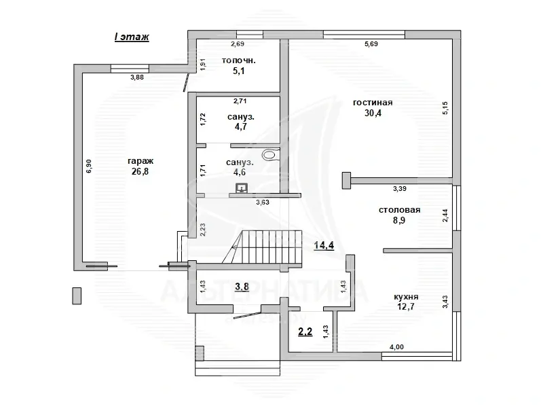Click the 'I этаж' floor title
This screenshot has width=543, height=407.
point(132,37)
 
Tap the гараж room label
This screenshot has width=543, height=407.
point(141,161)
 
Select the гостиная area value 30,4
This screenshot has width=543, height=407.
point(373,113)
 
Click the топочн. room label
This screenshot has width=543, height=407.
point(239,60)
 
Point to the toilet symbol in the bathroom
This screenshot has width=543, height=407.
point(270,154)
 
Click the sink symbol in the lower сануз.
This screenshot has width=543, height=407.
point(242,188)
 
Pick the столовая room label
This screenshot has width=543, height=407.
point(399,210)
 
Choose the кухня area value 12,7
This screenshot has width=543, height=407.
point(406,306)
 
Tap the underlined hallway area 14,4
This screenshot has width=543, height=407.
point(324,245)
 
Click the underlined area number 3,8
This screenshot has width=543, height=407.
point(242,287)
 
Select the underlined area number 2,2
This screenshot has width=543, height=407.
point(305,332)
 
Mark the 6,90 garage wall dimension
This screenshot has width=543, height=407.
point(89,166)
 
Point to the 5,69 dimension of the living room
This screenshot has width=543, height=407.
point(371,44)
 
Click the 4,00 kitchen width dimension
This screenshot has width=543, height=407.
point(396,347)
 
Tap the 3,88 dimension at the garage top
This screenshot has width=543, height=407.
point(137,77)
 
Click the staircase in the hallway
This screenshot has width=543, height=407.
point(262,247)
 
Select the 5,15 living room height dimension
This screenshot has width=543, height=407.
point(445,108)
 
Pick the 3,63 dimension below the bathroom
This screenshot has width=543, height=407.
point(263,202)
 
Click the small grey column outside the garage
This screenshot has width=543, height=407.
point(77,296)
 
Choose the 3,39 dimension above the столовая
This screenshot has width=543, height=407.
point(400,189)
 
